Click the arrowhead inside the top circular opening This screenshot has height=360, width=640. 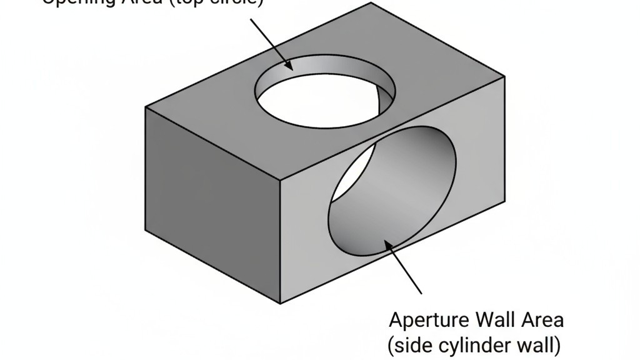pos(288,64)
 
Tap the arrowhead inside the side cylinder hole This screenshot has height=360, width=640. pos(389,244)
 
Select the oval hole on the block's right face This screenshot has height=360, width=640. pos(392,193)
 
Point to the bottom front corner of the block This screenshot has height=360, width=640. pos(279,304)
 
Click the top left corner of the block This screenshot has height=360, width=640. pos(146,107)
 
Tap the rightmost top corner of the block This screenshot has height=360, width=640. pos(505,76)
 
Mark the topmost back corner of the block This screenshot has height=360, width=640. pos(371,3)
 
